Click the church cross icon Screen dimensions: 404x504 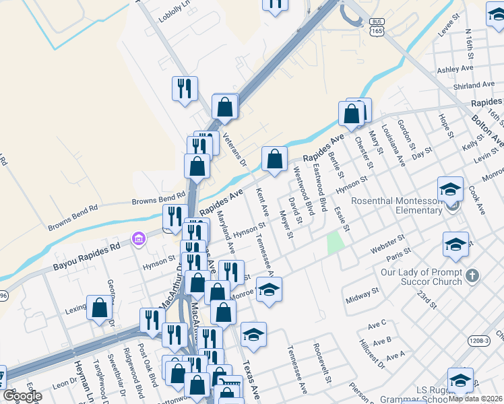[x=472, y=275]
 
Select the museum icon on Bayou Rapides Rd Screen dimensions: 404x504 [x=139, y=238]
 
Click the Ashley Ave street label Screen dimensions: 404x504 [x=457, y=69]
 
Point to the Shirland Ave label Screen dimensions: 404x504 [x=474, y=86]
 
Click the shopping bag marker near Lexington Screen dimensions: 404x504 [x=100, y=308]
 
